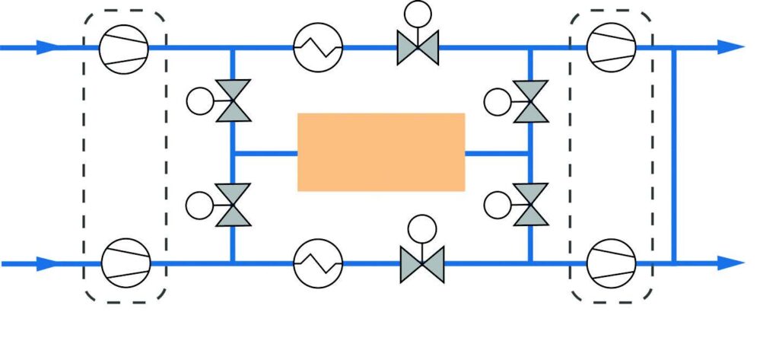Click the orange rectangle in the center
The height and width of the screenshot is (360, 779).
point(380,151)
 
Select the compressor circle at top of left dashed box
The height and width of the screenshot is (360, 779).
point(125,47)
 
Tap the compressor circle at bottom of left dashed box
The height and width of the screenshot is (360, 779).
point(126,263)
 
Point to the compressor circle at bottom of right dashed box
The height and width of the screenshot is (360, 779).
point(612,263)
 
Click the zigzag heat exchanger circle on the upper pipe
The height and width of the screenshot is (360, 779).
point(319,47)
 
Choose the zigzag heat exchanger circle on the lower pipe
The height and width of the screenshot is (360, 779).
point(319,263)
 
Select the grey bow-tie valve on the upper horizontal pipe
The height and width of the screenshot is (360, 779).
point(418,47)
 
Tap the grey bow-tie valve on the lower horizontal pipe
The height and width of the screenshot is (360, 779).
point(421,263)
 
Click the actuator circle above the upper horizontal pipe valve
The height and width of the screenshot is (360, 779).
point(418,13)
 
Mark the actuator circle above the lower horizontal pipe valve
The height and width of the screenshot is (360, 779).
point(421,228)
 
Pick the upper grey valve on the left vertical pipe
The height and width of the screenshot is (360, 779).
point(233,101)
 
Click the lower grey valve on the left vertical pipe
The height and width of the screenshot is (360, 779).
point(233,204)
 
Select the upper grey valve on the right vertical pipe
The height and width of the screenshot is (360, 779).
point(530,101)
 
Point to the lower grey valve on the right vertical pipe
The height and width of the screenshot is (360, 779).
point(530,204)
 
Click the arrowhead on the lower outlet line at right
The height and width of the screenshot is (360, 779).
point(732,263)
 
